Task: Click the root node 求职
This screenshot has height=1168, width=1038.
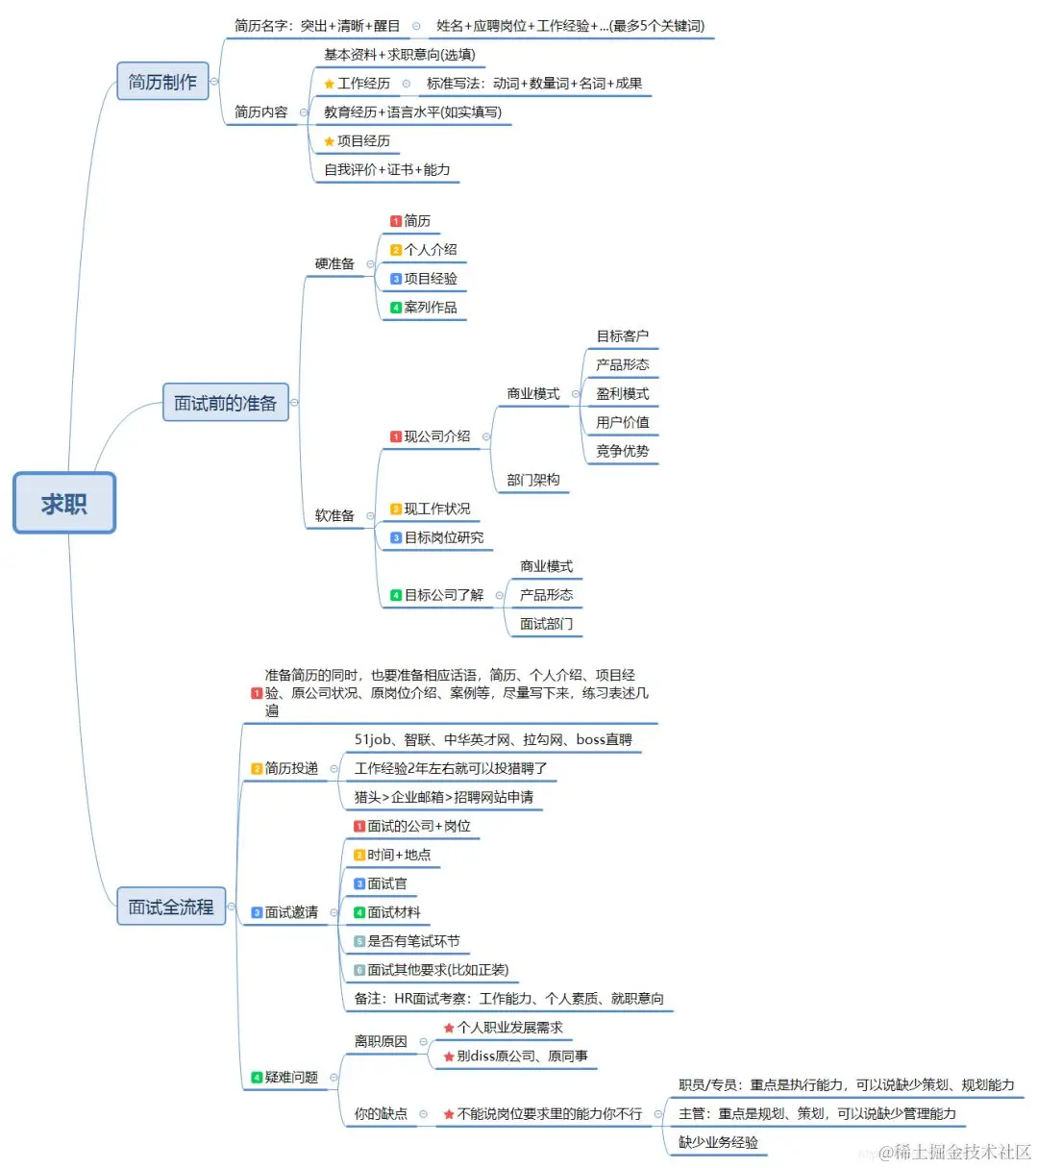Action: (x=64, y=503)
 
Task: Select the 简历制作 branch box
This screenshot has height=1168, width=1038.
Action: (x=162, y=82)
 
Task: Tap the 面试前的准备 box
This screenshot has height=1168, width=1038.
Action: (x=225, y=403)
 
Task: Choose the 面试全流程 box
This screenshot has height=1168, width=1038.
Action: (x=171, y=907)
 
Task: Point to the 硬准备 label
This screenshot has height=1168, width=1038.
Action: (x=334, y=263)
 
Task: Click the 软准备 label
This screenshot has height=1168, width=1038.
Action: (x=334, y=516)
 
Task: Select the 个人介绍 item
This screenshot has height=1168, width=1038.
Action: (x=430, y=250)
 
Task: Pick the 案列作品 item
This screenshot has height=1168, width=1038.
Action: (x=430, y=308)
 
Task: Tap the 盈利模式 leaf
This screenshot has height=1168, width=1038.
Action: (x=622, y=394)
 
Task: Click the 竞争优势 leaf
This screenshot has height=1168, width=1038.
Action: (x=622, y=451)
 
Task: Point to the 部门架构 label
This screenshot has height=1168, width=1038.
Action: (x=532, y=480)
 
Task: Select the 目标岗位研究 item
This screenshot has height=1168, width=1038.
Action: (x=443, y=537)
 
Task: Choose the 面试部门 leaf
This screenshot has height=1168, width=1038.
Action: (x=546, y=624)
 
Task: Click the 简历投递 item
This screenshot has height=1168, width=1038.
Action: (x=290, y=768)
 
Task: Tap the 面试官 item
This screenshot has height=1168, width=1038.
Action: (x=386, y=883)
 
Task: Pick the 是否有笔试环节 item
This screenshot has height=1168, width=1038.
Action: (x=413, y=941)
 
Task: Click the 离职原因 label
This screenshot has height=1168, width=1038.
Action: (x=381, y=1041)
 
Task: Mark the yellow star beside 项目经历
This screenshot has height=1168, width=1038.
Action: (x=330, y=141)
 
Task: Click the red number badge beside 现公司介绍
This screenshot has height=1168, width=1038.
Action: (x=396, y=436)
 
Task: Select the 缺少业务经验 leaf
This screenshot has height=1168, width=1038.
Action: (x=718, y=1142)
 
